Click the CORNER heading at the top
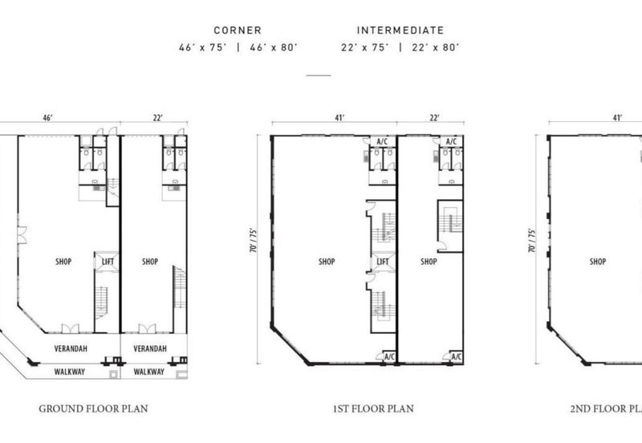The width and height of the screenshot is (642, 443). (238, 30)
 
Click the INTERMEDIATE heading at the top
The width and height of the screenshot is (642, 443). (400, 30)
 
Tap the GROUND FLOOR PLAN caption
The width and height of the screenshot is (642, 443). (93, 408)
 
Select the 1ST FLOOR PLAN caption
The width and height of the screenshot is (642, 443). (373, 408)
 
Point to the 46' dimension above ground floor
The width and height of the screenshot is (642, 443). (48, 118)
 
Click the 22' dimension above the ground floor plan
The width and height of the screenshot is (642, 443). (158, 118)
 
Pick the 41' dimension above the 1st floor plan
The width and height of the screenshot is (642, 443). (339, 118)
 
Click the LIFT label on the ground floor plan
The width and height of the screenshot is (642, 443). (108, 262)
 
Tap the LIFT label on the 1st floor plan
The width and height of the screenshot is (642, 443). (383, 262)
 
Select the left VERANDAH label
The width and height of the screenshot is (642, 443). (71, 348)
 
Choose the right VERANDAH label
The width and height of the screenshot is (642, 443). (150, 348)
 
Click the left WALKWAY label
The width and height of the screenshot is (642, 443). (70, 372)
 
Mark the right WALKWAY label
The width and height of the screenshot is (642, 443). (148, 372)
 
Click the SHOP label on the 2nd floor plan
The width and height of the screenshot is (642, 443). (597, 262)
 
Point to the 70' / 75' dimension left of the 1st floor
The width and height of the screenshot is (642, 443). (254, 240)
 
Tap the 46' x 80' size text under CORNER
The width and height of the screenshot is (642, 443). (274, 47)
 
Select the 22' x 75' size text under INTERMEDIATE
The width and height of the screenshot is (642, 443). (365, 47)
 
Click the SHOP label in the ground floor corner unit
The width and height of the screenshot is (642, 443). (63, 262)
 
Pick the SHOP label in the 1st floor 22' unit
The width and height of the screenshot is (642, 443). (429, 262)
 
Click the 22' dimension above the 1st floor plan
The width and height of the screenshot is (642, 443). (434, 118)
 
